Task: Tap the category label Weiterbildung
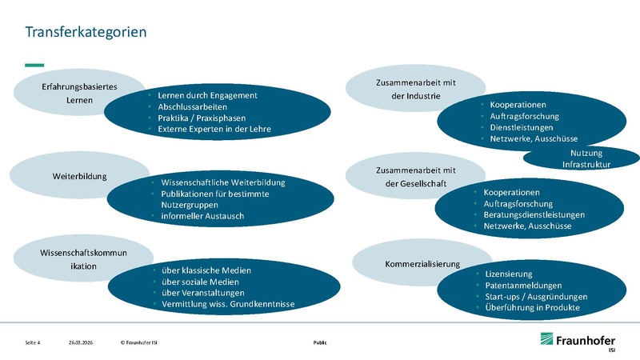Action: [80, 175]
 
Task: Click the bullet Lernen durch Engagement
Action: [207, 95]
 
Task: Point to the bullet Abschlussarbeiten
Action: [192, 106]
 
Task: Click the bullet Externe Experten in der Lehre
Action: [214, 129]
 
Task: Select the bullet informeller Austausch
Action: [202, 216]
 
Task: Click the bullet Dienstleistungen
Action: [524, 127]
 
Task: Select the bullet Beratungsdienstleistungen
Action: [534, 215]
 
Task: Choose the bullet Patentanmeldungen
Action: [523, 286]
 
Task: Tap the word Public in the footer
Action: [319, 342]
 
